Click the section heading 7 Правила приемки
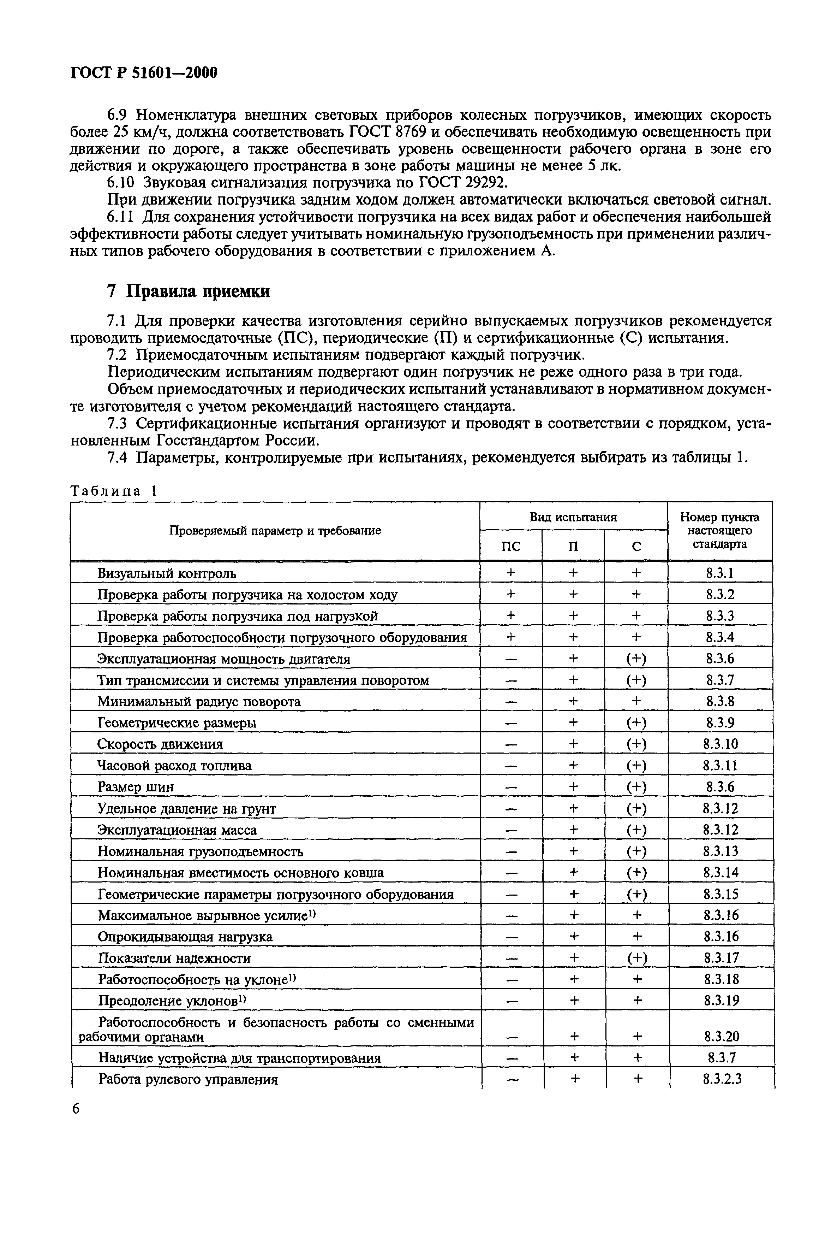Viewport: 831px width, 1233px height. point(188,291)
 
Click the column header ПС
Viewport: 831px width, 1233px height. point(510,546)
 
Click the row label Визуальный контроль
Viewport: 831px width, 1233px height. point(166,573)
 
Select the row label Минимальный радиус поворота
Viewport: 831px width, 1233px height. point(199,702)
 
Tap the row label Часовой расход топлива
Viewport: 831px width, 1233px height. point(174,766)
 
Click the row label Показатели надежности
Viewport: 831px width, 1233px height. point(174,958)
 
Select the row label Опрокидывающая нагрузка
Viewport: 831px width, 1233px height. point(185,937)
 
